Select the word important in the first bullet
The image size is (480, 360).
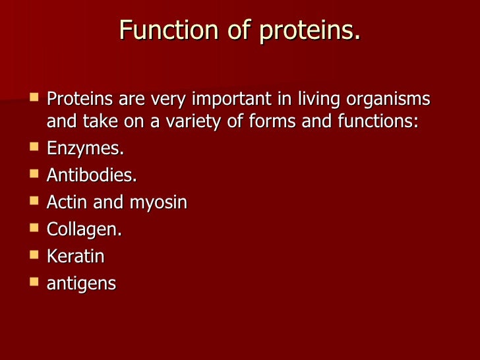[x=224, y=100]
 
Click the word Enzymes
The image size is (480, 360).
[x=85, y=149]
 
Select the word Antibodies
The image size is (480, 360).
[x=92, y=176]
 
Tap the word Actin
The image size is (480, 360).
[x=67, y=202]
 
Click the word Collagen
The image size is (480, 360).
[x=84, y=230]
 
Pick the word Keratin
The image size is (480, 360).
[x=76, y=256]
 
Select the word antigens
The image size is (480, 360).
[x=81, y=284]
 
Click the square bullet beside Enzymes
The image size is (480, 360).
[x=34, y=148]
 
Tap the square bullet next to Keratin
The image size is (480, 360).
[x=34, y=255]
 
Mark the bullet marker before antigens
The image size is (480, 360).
[x=34, y=282]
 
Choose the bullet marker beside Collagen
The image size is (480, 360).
[x=34, y=228]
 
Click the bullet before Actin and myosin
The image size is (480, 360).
[x=34, y=201]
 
